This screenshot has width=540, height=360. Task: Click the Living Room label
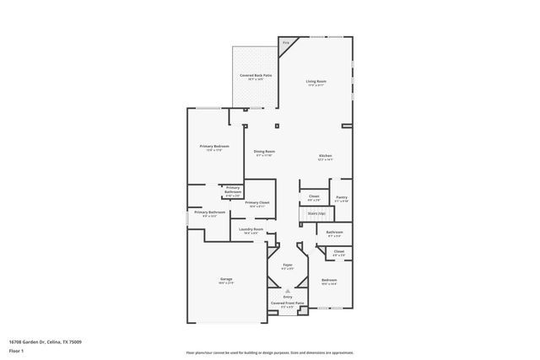point(316,82)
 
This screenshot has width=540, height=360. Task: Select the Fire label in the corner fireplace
point(286,42)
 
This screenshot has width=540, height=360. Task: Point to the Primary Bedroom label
point(214,146)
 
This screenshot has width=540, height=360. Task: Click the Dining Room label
point(265,152)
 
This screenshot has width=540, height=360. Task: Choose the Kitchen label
point(325,156)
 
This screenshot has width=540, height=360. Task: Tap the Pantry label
point(341,197)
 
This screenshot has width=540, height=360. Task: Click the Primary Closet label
point(257,203)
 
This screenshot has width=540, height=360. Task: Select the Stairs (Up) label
point(316,214)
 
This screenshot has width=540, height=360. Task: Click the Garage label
point(226,279)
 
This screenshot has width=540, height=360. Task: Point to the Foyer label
point(287,266)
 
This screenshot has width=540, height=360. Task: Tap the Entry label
point(287,296)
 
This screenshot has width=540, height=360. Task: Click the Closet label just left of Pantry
point(313,196)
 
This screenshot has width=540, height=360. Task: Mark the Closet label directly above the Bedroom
point(338,251)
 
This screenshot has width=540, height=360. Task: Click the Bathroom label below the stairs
point(334,232)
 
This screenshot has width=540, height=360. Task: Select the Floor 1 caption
point(16,350)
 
